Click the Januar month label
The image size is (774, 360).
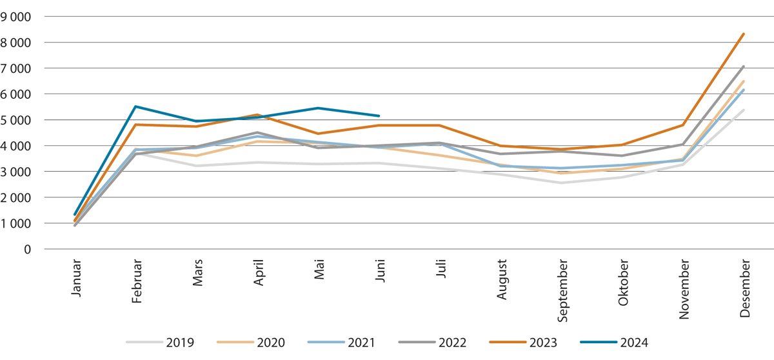pyautogui.click(x=76, y=279)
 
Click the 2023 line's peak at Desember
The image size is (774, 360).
pyautogui.click(x=744, y=34)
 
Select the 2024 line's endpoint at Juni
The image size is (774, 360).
pyautogui.click(x=379, y=116)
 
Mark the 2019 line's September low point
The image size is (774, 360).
pyautogui.click(x=561, y=183)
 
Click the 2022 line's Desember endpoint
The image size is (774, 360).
pyautogui.click(x=744, y=66)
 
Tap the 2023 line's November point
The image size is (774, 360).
pyautogui.click(x=682, y=125)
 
